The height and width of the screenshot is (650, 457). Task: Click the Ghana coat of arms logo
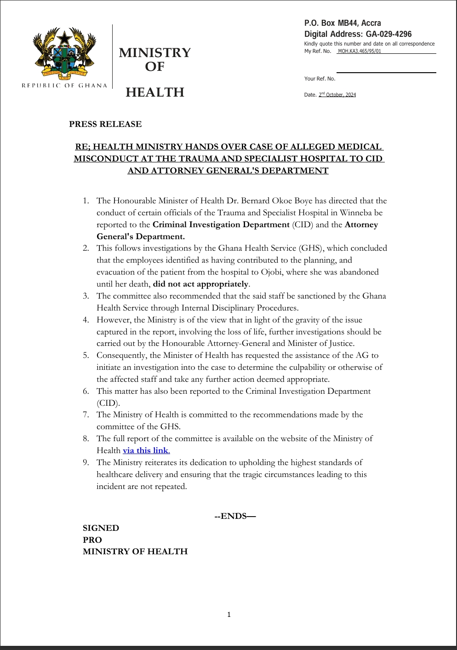click(64, 53)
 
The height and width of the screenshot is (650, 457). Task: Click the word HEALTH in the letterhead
click(155, 92)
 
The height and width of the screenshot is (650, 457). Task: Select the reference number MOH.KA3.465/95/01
click(360, 51)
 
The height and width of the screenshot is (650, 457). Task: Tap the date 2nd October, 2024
click(337, 95)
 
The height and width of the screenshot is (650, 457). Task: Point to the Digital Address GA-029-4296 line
click(358, 34)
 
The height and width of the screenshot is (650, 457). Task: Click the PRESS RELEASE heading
click(105, 124)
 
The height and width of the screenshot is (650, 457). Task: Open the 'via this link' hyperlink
click(146, 450)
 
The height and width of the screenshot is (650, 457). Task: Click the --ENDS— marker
click(235, 516)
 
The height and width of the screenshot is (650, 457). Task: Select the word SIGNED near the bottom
click(101, 528)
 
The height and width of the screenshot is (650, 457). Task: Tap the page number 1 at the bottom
click(229, 615)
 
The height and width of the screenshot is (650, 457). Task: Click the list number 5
click(86, 355)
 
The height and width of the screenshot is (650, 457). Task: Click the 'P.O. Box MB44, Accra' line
click(343, 23)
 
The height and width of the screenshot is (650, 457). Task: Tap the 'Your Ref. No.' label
click(320, 79)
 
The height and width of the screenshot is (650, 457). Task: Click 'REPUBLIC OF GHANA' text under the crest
click(64, 86)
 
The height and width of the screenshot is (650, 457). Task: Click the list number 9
click(86, 462)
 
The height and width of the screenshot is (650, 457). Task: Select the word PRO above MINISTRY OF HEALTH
click(92, 540)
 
